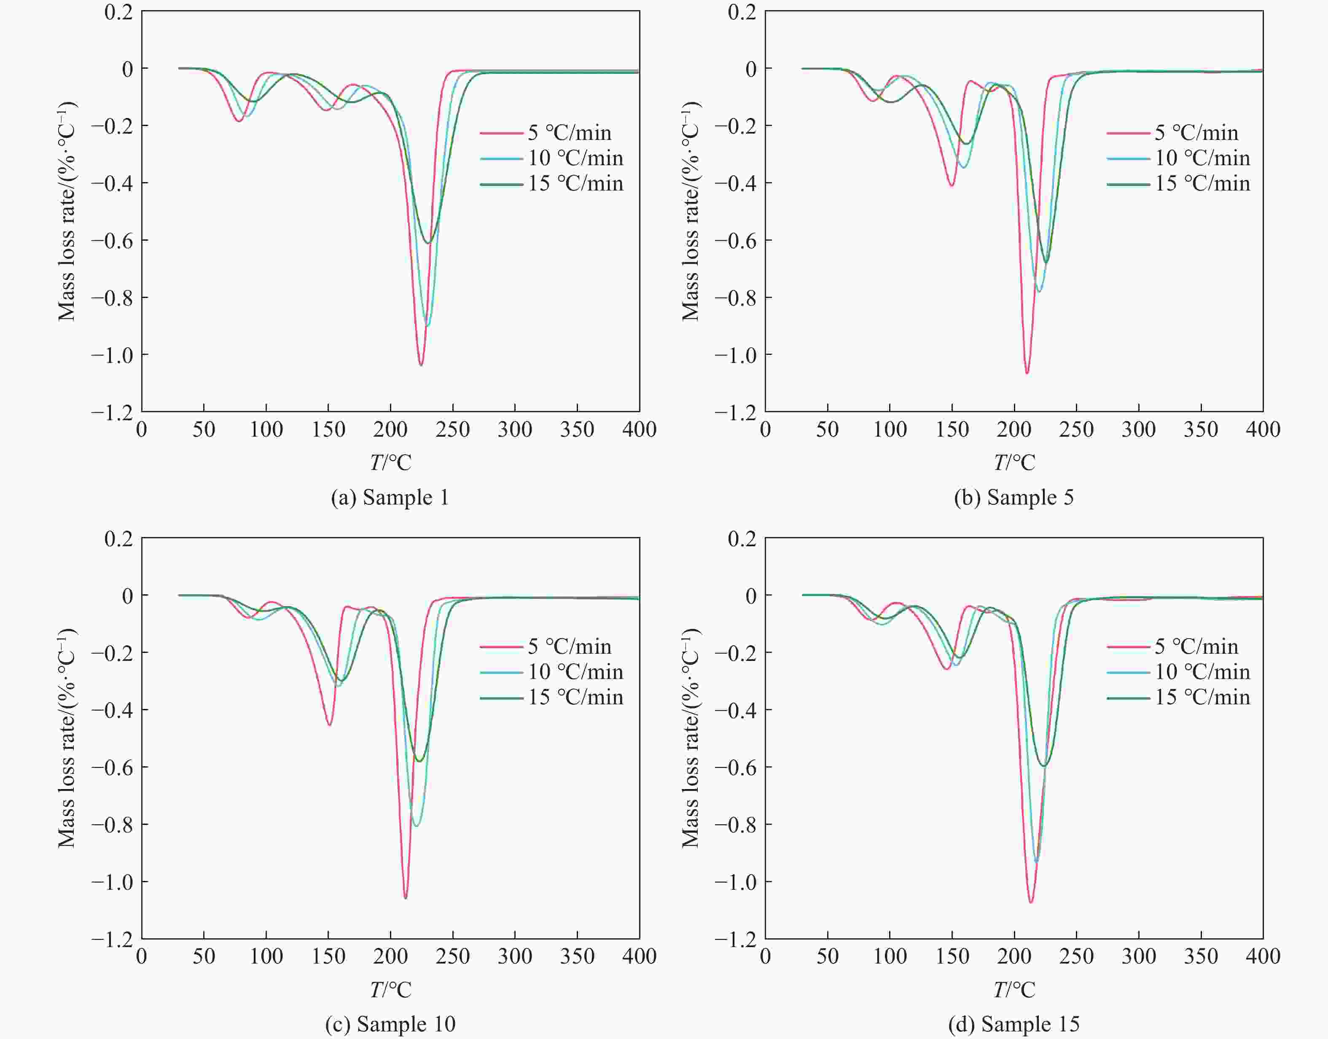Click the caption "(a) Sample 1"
[x=390, y=498]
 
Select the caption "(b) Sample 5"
[x=1013, y=498]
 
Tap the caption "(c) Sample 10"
[x=390, y=1024]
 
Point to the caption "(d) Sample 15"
[x=1013, y=1024]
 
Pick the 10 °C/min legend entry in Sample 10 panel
[x=575, y=671]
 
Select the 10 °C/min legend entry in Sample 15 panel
[x=1202, y=671]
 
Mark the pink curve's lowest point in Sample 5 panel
[x=1027, y=373]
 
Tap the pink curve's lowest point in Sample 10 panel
[x=406, y=898]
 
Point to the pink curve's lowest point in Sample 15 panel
[x=1030, y=902]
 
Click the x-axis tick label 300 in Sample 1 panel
[x=515, y=430]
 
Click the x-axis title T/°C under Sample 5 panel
[x=1014, y=463]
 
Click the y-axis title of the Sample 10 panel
[x=67, y=738]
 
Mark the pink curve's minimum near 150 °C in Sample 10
[x=329, y=725]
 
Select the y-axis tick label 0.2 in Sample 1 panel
[x=118, y=11]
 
